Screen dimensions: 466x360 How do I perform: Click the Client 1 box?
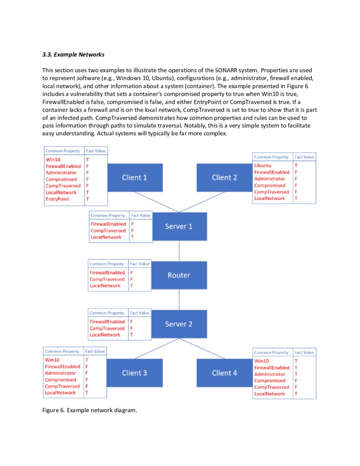coord(135,178)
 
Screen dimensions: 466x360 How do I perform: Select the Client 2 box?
coord(224,178)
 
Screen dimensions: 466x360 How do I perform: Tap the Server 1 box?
coord(179,226)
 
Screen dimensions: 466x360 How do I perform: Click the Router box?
coord(179,275)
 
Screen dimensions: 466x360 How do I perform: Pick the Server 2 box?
coord(179,324)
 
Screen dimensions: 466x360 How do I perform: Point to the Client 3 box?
coord(135,373)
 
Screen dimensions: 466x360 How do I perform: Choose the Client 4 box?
coord(224,373)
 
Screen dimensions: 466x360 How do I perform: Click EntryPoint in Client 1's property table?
coord(57,199)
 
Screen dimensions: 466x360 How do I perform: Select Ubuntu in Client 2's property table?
coord(263,166)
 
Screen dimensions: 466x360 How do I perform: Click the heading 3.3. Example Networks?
coord(73,55)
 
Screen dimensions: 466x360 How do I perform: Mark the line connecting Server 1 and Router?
coord(179,251)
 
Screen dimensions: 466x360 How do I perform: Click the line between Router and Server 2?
coord(179,300)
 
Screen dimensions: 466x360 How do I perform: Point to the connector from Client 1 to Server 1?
coord(157,202)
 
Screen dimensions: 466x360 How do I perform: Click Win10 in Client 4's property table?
coord(261,361)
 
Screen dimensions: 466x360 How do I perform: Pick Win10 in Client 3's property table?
coord(52,360)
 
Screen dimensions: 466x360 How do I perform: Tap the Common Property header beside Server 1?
coord(108,215)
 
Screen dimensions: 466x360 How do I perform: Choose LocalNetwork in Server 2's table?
coord(105,335)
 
